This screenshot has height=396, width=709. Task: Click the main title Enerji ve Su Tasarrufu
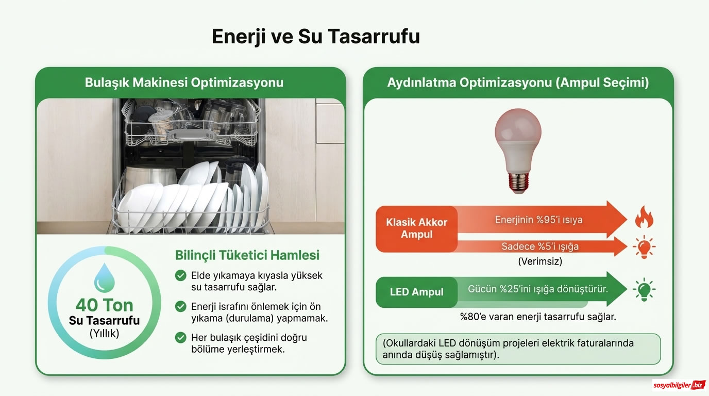316,37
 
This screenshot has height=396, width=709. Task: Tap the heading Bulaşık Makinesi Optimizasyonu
184,82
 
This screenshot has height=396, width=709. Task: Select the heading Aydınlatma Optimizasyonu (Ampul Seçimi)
518,82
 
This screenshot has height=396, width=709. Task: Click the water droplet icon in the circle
105,277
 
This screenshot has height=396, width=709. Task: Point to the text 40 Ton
105,305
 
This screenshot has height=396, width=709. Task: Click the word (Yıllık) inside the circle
105,334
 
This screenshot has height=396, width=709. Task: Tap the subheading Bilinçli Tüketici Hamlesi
247,255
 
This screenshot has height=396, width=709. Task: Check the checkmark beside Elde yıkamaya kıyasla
181,275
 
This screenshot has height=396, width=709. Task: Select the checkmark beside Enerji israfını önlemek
181,307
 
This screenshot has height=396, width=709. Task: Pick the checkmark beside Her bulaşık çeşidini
181,338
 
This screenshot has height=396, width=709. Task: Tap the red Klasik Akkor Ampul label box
416,229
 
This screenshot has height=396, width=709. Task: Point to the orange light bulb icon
644,247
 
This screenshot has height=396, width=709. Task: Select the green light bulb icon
644,289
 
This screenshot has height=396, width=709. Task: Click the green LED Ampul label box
416,292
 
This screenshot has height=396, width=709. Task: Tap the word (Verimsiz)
539,261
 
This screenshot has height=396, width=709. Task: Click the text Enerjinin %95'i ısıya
538,220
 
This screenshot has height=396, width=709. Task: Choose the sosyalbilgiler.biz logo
679,385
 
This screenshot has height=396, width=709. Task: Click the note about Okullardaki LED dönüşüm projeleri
518,349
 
